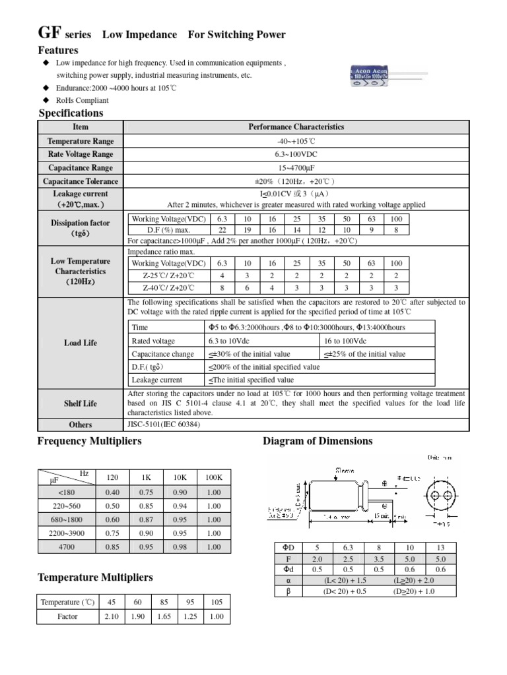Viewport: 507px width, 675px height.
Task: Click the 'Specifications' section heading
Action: (x=71, y=113)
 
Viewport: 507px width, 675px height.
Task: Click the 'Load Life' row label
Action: (x=81, y=343)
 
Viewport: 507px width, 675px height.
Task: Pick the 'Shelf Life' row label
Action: (x=81, y=403)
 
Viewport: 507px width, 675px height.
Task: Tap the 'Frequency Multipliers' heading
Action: (x=89, y=441)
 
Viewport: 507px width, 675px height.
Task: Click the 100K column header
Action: (x=213, y=477)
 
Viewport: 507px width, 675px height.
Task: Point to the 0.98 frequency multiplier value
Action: (x=180, y=546)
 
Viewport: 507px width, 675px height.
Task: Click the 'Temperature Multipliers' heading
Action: (x=95, y=577)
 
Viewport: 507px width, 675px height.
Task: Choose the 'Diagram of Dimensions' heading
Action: (x=318, y=441)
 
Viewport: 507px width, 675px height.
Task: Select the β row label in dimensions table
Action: (x=288, y=592)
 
